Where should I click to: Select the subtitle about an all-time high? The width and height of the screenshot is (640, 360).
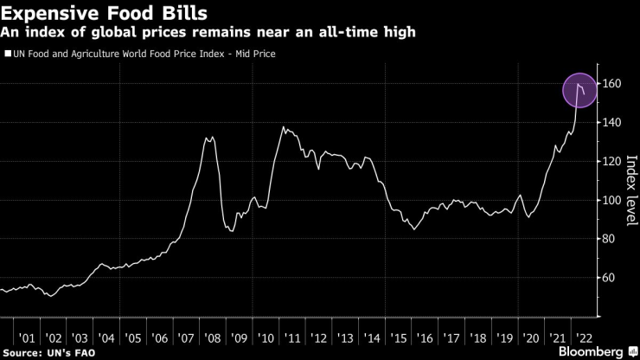tap(208, 32)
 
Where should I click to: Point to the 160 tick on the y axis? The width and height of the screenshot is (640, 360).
tap(612, 84)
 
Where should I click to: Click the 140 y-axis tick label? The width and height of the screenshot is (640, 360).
tap(612, 123)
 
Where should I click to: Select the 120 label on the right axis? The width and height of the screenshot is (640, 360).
tap(612, 162)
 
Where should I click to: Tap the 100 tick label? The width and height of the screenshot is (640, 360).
tap(612, 200)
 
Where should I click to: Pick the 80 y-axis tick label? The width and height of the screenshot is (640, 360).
tap(610, 239)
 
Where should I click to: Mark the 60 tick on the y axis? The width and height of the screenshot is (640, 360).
tap(610, 278)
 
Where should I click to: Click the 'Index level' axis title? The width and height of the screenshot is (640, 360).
tap(630, 190)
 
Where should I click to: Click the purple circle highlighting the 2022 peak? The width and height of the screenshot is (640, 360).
tap(579, 90)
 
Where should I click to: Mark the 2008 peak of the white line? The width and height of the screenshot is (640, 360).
tap(208, 137)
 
